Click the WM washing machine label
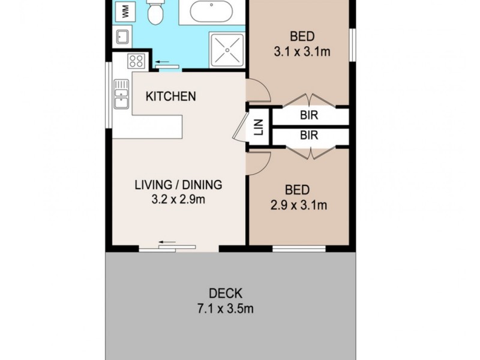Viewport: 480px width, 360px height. (125, 10)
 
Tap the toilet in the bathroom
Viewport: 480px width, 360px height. (155, 12)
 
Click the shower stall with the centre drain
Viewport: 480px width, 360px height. (227, 50)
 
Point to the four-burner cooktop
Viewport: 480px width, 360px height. (136, 61)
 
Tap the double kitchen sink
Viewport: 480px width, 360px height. (122, 94)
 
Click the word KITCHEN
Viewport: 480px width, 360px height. (171, 96)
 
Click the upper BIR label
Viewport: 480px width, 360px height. (309, 116)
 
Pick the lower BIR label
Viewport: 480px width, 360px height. (309, 136)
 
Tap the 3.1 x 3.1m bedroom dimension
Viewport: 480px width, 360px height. (302, 52)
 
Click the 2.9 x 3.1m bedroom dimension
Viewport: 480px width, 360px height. (298, 206)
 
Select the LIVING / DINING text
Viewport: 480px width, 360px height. (178, 185)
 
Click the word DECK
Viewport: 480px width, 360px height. (226, 293)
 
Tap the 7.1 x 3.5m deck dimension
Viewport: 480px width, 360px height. (226, 309)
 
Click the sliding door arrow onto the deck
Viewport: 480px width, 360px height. (167, 243)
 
